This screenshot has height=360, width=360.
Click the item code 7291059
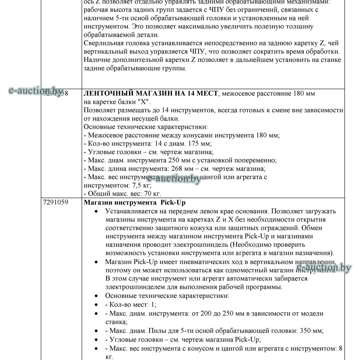tap(55, 202)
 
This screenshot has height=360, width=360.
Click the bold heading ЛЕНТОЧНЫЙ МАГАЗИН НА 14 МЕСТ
tap(151, 93)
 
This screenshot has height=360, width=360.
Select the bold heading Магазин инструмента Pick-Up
tap(137, 202)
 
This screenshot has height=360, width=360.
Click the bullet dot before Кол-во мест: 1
tap(96, 305)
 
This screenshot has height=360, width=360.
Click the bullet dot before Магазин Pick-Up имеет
tap(96, 262)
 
